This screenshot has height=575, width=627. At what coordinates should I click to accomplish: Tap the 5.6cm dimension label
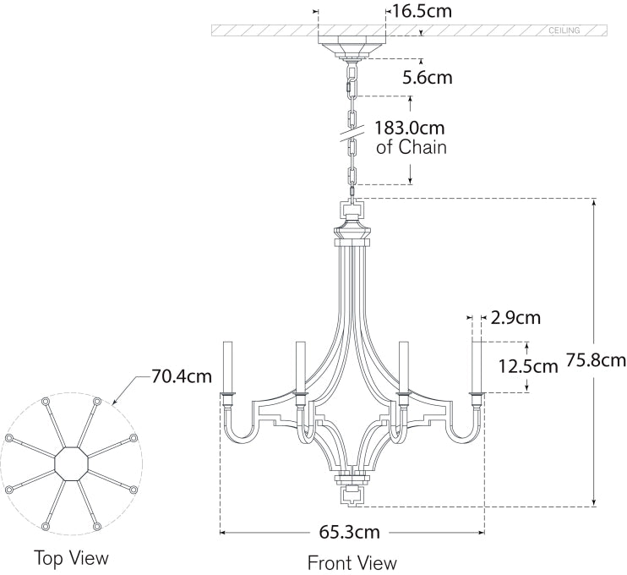pyautogui.click(x=427, y=78)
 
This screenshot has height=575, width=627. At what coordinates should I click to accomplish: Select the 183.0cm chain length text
pyautogui.click(x=409, y=129)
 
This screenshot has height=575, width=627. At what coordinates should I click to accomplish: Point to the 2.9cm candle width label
pyautogui.click(x=515, y=318)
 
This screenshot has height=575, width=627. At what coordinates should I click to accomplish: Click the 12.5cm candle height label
pyautogui.click(x=529, y=366)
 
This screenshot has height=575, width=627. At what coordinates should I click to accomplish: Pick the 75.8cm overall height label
pyautogui.click(x=596, y=361)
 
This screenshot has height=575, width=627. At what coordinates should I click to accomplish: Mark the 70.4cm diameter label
pyautogui.click(x=181, y=376)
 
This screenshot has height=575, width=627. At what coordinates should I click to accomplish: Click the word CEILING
pyautogui.click(x=564, y=30)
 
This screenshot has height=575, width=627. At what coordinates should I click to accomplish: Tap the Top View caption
pyautogui.click(x=71, y=558)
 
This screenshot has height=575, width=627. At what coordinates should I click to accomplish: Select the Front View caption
pyautogui.click(x=352, y=561)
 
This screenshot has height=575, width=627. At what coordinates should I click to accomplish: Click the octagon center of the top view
pyautogui.click(x=71, y=463)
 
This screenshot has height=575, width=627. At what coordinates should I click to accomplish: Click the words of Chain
pyautogui.click(x=412, y=147)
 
